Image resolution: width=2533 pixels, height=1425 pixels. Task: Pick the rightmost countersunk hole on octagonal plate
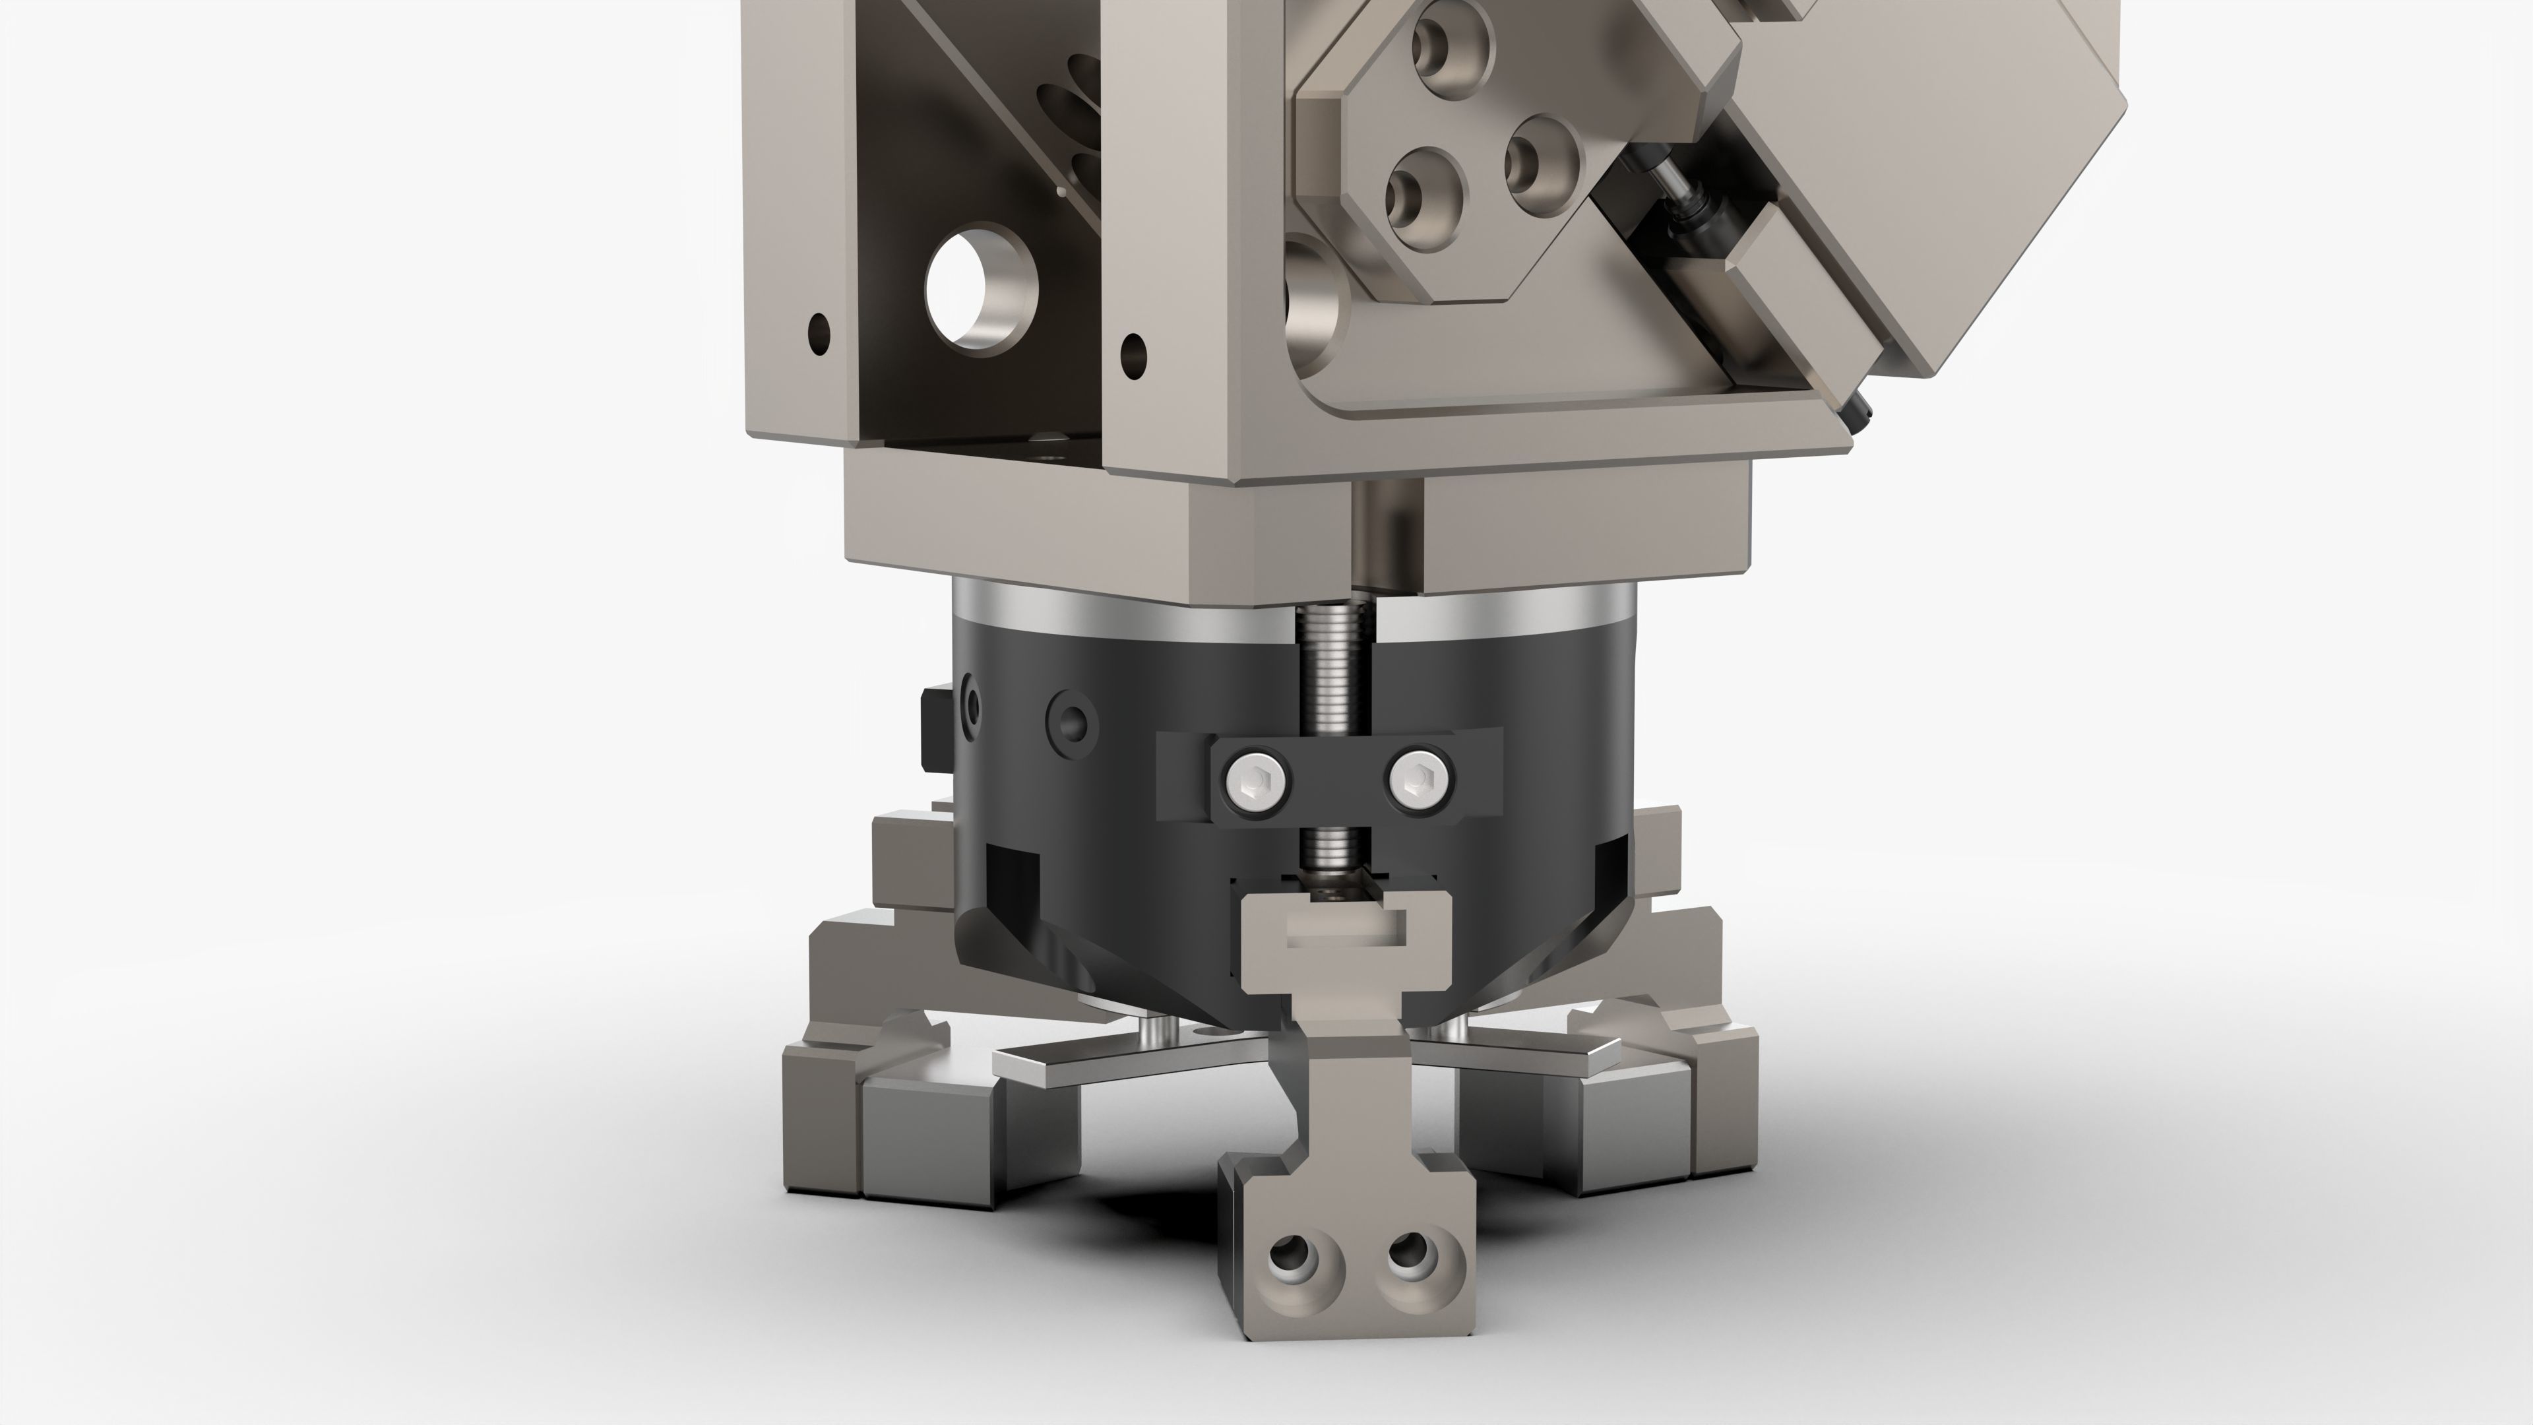click(1539, 152)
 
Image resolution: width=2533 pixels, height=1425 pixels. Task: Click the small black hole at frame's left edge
click(818, 332)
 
